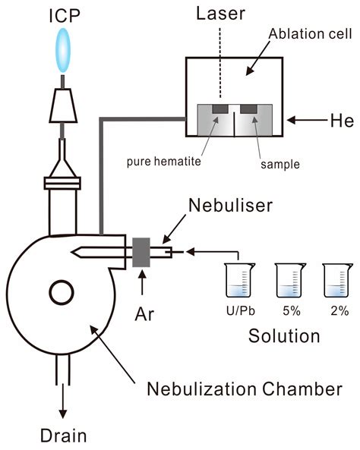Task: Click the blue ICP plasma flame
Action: (63, 50)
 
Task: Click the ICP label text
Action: (65, 16)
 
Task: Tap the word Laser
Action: (220, 14)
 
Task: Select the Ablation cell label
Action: (310, 34)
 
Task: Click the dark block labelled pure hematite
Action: (220, 109)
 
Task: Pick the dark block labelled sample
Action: (248, 109)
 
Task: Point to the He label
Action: (342, 120)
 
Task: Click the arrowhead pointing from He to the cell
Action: (292, 120)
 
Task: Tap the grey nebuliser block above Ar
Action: (141, 252)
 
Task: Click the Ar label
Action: (144, 314)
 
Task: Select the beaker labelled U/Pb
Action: (239, 280)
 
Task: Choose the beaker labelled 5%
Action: (290, 280)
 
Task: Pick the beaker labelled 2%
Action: (338, 280)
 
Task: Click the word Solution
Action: (284, 335)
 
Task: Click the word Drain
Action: (64, 436)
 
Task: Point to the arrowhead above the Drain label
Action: (63, 414)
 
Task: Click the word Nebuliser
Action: (230, 206)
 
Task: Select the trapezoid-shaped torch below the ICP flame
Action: (63, 105)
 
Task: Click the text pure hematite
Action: (164, 162)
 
